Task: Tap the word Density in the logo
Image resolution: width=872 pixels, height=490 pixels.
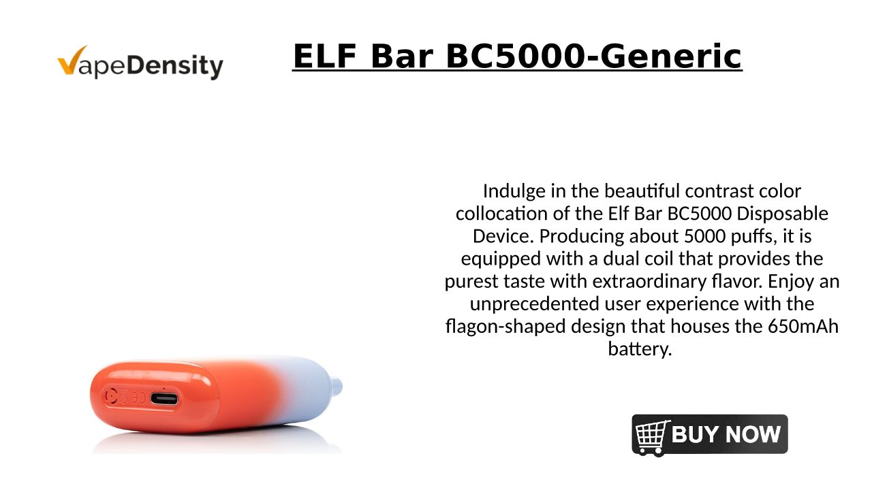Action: click(175, 65)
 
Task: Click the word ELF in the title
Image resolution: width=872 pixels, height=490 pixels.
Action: click(325, 56)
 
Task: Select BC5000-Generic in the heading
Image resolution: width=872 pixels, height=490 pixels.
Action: click(593, 56)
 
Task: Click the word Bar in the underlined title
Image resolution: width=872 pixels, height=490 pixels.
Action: click(402, 56)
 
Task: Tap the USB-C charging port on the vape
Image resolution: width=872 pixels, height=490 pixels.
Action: click(164, 399)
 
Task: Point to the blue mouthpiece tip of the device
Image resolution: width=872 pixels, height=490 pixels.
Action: click(337, 386)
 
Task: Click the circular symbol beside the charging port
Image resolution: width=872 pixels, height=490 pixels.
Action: click(111, 397)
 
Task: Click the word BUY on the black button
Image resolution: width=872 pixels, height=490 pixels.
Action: click(696, 434)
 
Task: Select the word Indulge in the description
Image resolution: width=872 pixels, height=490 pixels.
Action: click(514, 192)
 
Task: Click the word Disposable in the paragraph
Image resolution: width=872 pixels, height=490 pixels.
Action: click(783, 214)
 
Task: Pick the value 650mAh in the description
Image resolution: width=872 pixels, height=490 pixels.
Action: click(803, 326)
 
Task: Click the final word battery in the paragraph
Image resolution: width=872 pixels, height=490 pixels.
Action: click(640, 349)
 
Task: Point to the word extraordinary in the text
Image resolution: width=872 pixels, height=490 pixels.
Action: click(649, 282)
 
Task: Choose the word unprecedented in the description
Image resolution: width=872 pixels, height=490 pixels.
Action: click(534, 304)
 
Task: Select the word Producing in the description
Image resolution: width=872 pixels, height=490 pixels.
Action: click(581, 237)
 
